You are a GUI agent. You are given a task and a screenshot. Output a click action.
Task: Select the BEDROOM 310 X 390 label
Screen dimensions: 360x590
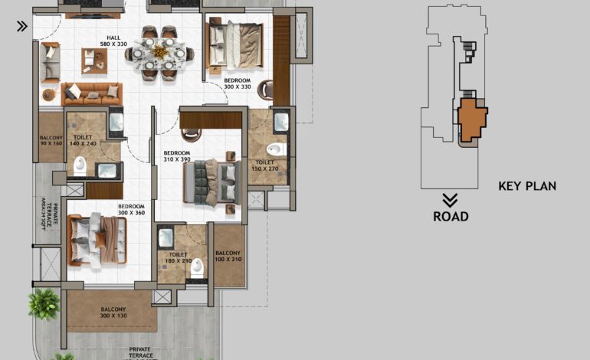tap(176, 156)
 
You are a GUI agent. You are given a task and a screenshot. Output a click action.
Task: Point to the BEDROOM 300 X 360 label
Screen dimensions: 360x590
tap(131, 209)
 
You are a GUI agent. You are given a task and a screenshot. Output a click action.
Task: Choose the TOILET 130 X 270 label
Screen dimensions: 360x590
tap(264, 166)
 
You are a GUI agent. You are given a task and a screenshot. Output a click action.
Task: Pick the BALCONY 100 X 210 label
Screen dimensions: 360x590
tap(228, 257)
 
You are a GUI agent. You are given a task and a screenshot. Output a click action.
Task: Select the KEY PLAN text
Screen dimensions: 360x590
tap(527, 186)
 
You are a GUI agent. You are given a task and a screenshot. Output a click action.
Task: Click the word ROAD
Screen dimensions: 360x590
tap(451, 217)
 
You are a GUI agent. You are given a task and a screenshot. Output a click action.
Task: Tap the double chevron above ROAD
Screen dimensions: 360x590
tap(451, 200)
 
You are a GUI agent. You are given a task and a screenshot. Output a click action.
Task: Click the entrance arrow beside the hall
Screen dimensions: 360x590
tap(22, 26)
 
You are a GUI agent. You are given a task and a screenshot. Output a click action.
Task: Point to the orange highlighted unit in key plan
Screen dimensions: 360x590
tap(472, 119)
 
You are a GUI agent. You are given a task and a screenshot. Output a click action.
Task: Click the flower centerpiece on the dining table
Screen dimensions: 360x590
tap(159, 51)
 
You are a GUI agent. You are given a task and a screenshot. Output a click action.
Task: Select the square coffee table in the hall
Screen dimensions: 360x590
tap(94, 60)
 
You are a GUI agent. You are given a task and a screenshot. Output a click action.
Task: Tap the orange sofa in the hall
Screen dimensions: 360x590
tap(91, 93)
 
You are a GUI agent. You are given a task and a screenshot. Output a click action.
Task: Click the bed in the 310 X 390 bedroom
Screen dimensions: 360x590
tap(211, 182)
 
